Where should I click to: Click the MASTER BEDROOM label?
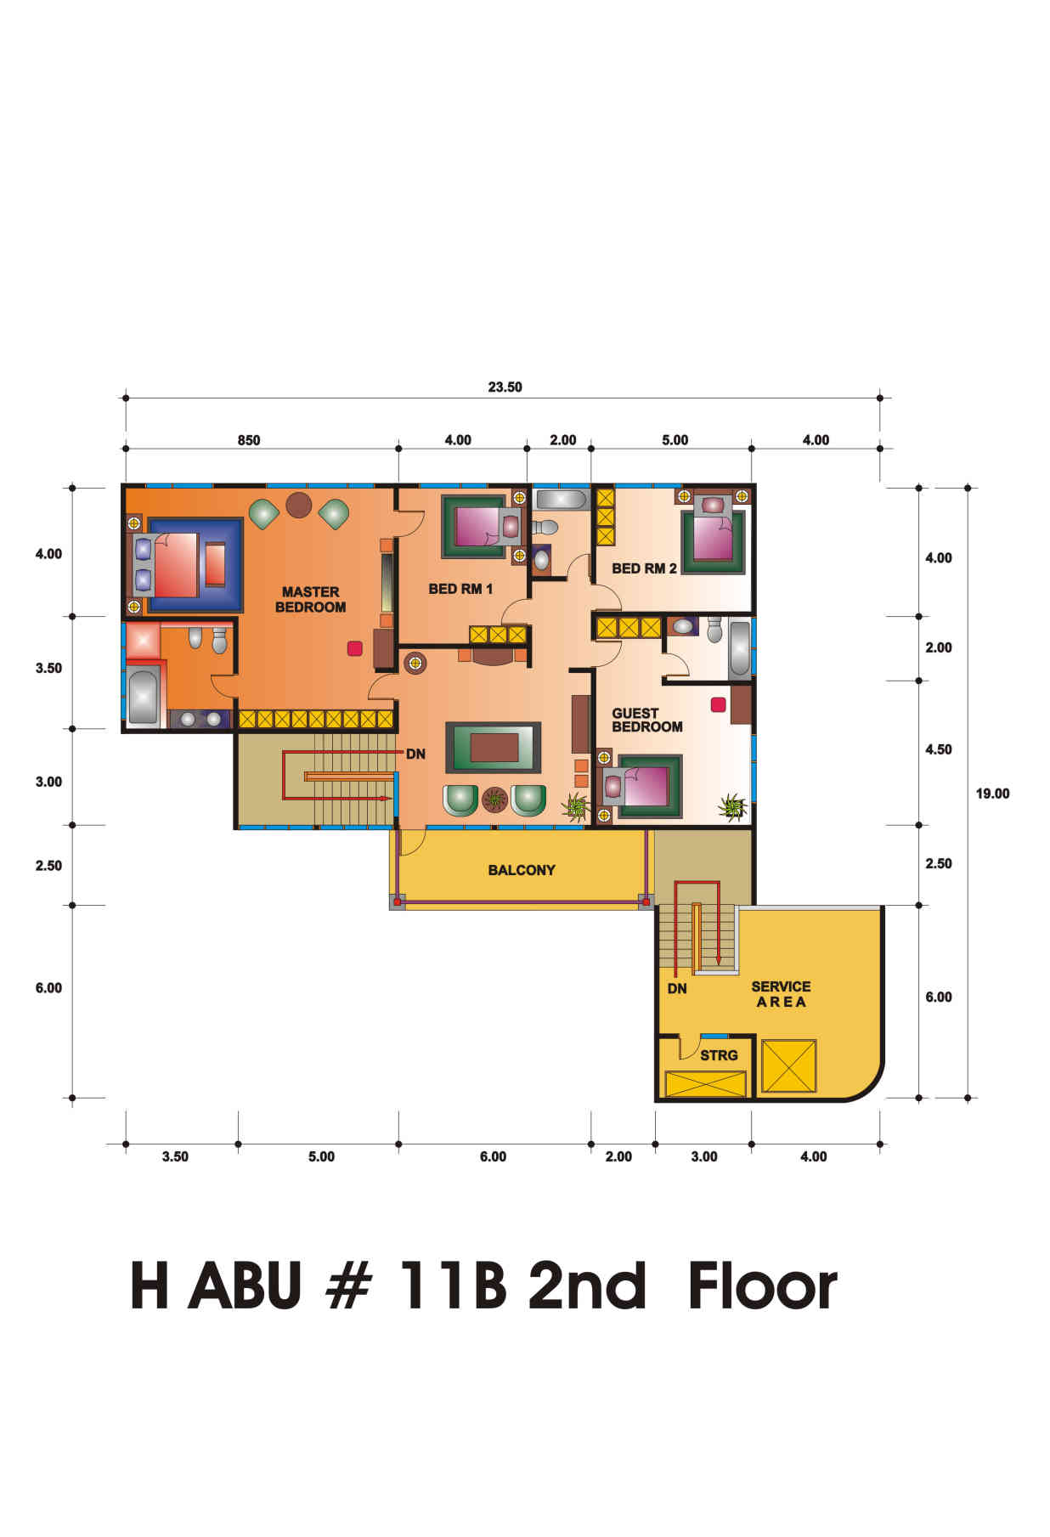(310, 599)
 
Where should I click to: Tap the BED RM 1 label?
(460, 589)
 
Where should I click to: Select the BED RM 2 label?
(644, 568)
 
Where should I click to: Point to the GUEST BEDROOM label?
(647, 720)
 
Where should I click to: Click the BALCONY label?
(522, 870)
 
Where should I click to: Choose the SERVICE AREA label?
(781, 994)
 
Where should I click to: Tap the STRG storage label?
(719, 1055)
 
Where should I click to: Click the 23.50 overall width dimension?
(505, 387)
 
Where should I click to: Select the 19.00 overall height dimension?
(992, 794)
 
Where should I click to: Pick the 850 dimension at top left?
(249, 440)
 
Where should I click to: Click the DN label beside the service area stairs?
(677, 989)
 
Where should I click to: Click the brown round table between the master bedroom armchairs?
(299, 505)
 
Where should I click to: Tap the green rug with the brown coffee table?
(494, 748)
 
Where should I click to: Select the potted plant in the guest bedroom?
(731, 806)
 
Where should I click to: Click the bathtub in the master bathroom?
(144, 698)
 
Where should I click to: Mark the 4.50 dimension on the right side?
(939, 749)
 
